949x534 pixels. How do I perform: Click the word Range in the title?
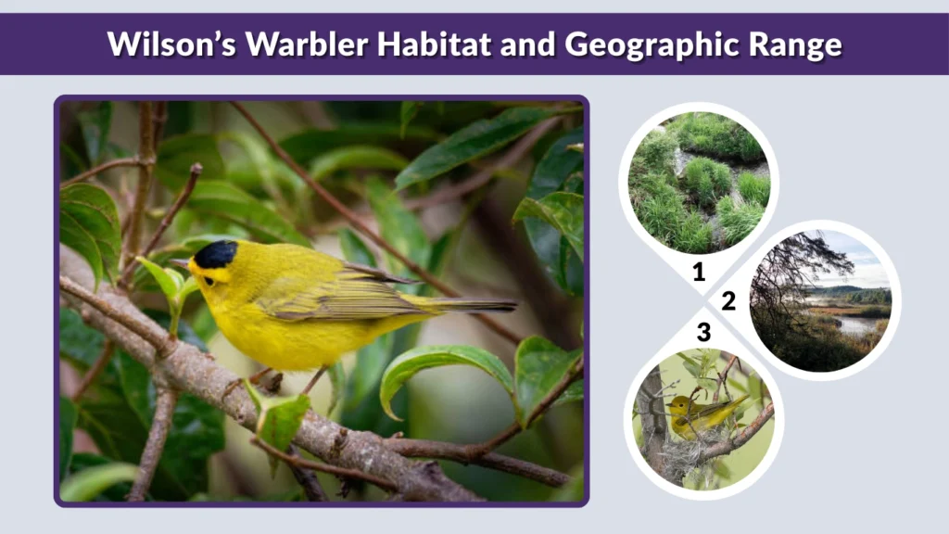pos(798,44)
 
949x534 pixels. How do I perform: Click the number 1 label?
pos(699,272)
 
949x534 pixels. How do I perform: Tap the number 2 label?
pos(728,300)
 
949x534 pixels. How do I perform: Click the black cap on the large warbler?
pos(216,253)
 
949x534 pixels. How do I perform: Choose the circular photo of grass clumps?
pos(699,182)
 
